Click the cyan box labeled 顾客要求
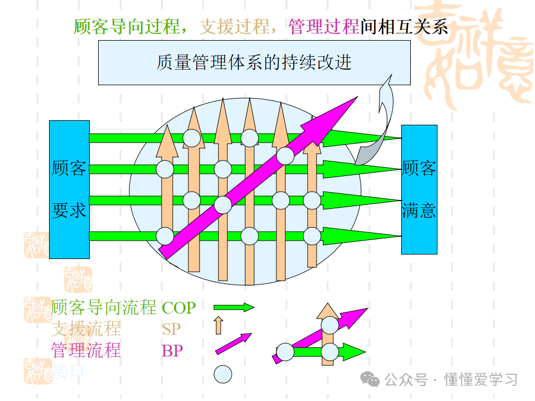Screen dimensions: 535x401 click(69, 189)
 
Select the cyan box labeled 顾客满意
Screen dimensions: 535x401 click(419, 189)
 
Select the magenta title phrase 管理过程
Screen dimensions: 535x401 click(324, 26)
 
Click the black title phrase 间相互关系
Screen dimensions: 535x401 click(404, 26)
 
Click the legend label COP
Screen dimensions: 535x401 click(178, 307)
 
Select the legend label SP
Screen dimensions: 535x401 click(171, 329)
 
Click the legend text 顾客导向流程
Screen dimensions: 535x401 click(104, 307)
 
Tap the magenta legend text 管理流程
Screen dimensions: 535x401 click(86, 351)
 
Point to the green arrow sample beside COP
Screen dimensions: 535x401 click(234, 307)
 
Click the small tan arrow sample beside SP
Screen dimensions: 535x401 click(218, 325)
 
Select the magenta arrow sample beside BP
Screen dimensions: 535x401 click(234, 344)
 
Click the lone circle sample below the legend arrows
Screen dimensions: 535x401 click(223, 374)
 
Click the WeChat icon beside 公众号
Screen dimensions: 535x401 click(369, 379)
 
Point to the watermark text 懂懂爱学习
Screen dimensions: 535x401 click(481, 380)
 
